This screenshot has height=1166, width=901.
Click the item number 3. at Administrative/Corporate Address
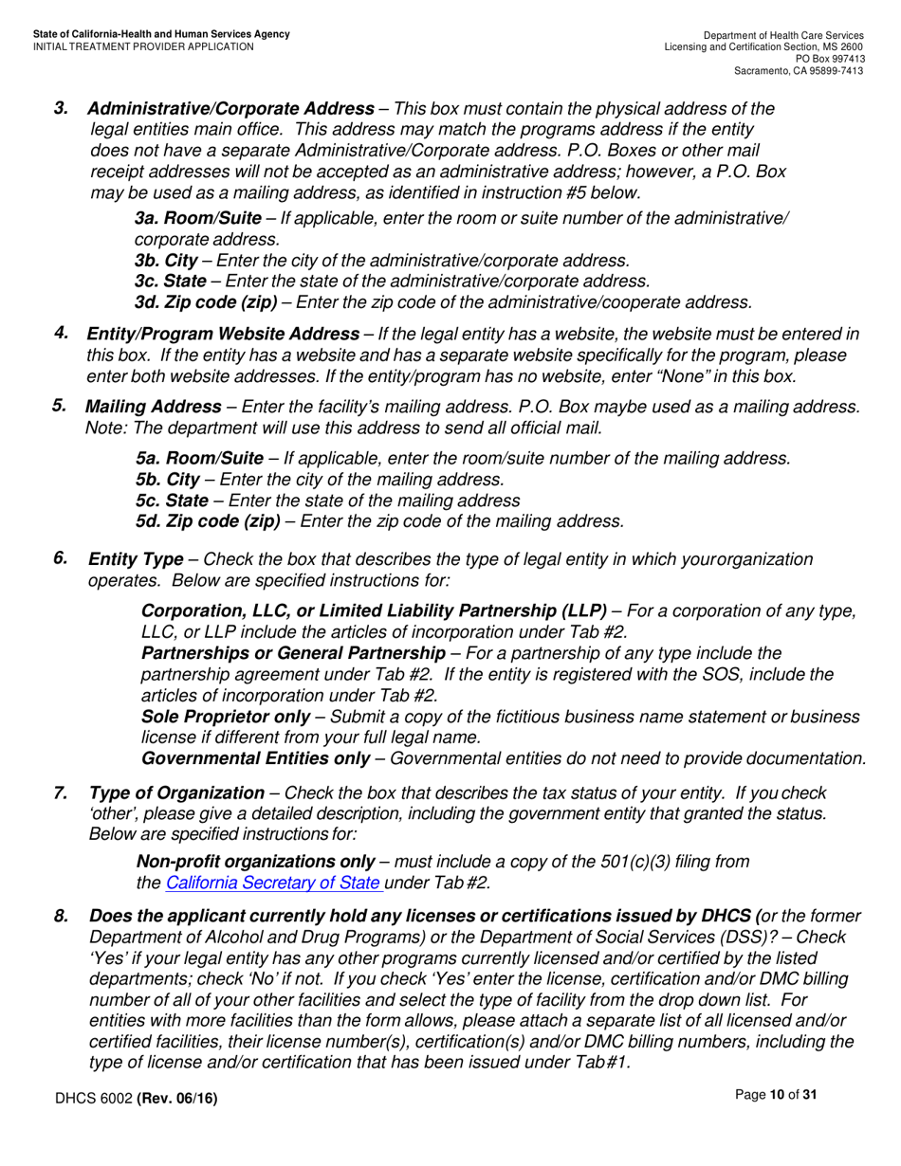tap(61, 108)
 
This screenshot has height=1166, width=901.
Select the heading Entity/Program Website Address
tap(223, 334)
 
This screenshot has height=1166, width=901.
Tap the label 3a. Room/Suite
tap(198, 219)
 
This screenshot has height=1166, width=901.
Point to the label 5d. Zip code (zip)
tap(208, 521)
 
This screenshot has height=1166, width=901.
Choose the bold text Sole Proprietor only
tap(225, 717)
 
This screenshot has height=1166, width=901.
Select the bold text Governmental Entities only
tap(255, 758)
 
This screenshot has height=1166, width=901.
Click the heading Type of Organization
tap(176, 793)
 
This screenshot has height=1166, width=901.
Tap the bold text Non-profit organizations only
tap(256, 862)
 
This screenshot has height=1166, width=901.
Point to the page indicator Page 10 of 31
tap(776, 1095)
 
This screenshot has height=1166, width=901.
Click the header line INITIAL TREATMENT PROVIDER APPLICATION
tap(143, 46)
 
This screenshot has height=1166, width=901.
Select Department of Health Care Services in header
tap(782, 35)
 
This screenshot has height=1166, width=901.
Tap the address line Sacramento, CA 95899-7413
tap(799, 71)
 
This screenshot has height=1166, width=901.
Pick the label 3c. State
tap(171, 282)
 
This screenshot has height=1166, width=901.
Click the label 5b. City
tap(168, 480)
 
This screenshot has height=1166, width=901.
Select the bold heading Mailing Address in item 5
tap(154, 407)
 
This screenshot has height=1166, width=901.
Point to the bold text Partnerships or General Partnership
tap(293, 653)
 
